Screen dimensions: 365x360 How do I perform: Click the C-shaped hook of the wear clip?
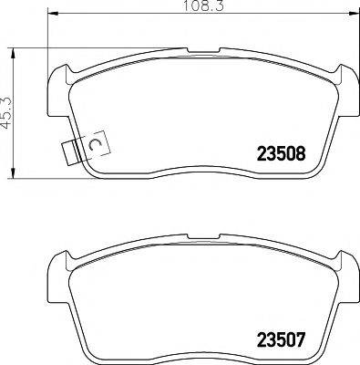94,145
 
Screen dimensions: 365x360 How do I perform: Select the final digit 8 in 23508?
298,153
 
